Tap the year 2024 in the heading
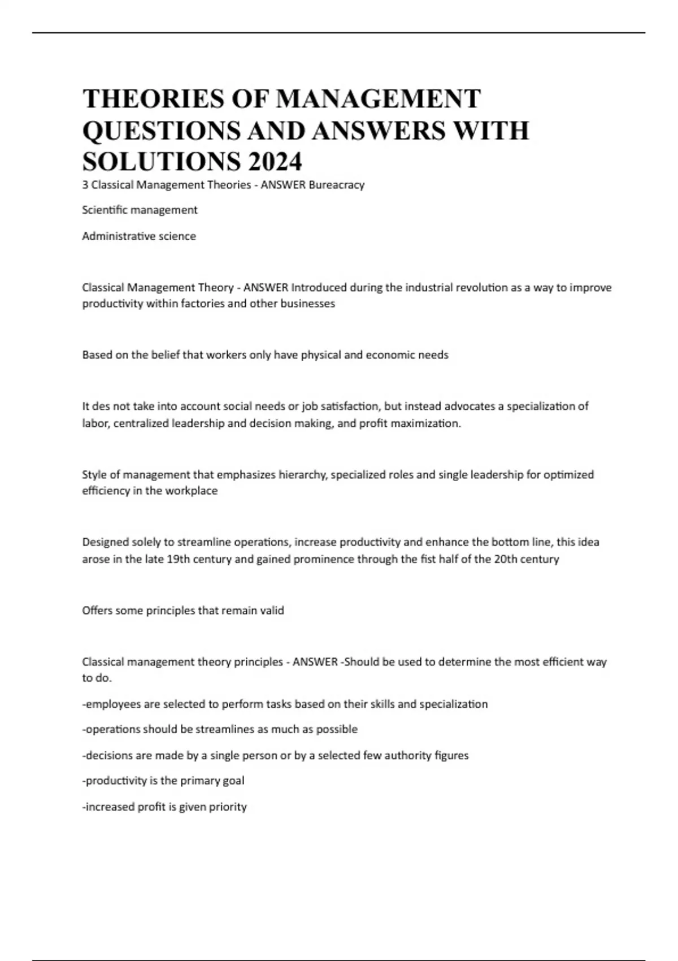pyautogui.click(x=274, y=162)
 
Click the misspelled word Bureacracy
pyautogui.click(x=337, y=185)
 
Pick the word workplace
pyautogui.click(x=192, y=491)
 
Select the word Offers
pyautogui.click(x=97, y=611)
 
